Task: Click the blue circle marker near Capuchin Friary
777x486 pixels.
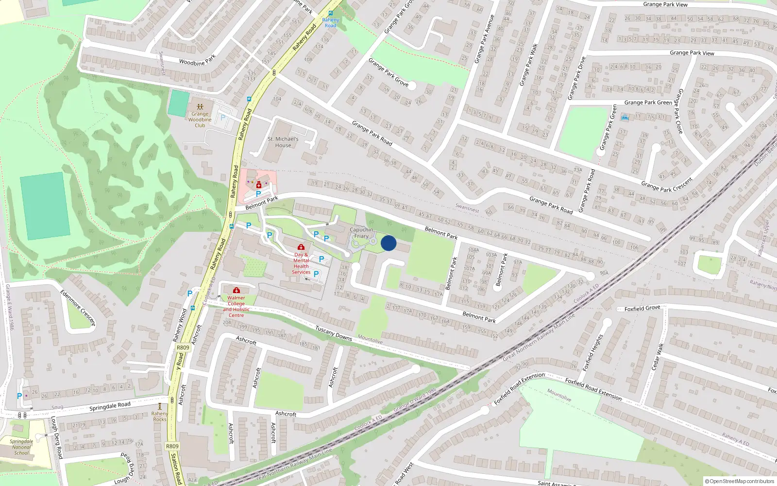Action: pos(388,243)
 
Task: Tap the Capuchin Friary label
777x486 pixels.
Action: pos(361,233)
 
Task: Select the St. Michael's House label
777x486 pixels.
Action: pos(283,142)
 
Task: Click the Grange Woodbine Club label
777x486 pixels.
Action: pos(200,120)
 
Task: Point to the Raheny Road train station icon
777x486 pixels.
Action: pos(331,14)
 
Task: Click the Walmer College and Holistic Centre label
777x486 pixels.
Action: pos(236,306)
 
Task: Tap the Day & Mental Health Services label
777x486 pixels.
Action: pos(301,263)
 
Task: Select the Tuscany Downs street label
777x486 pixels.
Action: pos(333,333)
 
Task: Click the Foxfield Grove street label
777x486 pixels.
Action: pos(642,308)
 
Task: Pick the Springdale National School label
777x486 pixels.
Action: pos(21,447)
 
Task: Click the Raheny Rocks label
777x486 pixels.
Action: pos(159,417)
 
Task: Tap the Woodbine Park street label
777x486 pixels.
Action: pos(197,61)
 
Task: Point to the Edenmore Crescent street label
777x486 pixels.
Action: pos(77,308)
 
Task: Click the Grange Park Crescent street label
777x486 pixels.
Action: pos(666,185)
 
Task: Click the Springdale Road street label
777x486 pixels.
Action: pos(110,406)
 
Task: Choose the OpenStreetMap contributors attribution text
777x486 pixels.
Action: pos(739,482)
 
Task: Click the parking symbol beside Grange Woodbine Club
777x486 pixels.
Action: pos(223,118)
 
